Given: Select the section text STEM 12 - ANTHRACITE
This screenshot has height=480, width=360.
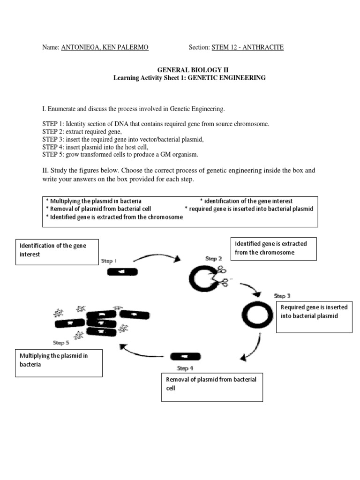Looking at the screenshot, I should [x=247, y=47].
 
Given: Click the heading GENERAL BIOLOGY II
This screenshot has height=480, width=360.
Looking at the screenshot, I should [x=189, y=69].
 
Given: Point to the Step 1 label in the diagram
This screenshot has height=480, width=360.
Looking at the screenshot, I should [x=109, y=261].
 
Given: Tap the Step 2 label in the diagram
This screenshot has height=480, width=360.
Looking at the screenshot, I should [x=213, y=258].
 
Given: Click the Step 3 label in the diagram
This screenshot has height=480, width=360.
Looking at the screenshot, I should [x=282, y=296].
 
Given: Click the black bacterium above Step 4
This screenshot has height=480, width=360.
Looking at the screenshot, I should [x=186, y=357].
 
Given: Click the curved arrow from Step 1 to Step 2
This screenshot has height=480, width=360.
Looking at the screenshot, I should [x=157, y=256].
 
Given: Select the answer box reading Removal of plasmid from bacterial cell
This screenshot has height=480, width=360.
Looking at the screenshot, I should [x=212, y=388].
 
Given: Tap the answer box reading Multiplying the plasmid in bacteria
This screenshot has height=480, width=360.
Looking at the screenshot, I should [x=59, y=363].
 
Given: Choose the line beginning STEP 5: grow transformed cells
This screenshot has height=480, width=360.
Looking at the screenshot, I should [x=120, y=154].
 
